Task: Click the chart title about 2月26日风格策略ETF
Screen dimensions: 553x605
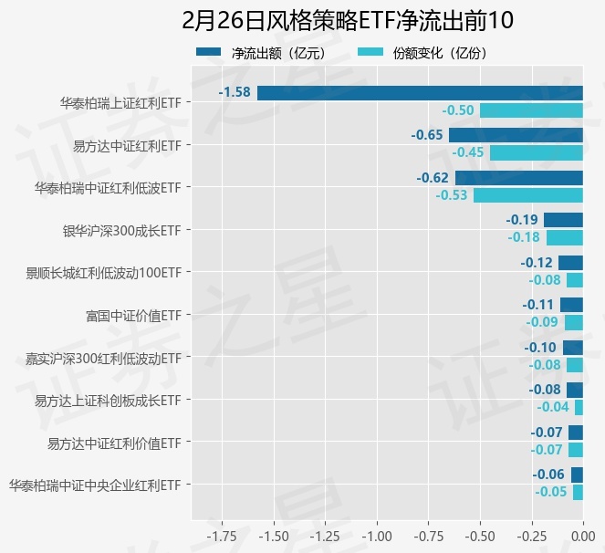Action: [x=349, y=20]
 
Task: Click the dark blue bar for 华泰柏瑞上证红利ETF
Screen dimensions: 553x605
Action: [x=420, y=92]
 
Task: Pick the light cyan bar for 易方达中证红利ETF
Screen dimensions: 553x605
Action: [x=536, y=152]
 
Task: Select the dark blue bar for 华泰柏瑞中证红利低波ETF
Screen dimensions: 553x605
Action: [x=518, y=178]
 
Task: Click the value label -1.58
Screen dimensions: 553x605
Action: [x=235, y=92]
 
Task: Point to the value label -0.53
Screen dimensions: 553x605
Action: [x=452, y=195]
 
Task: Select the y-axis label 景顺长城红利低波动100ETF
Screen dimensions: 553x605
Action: [x=105, y=273]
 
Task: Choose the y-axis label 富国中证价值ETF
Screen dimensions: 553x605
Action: [x=133, y=316]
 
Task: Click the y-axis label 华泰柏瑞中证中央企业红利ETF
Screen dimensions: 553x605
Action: [x=94, y=485]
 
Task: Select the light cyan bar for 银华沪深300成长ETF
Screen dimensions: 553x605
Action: [x=564, y=237]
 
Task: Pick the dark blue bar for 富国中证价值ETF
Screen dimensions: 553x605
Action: [x=571, y=305]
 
